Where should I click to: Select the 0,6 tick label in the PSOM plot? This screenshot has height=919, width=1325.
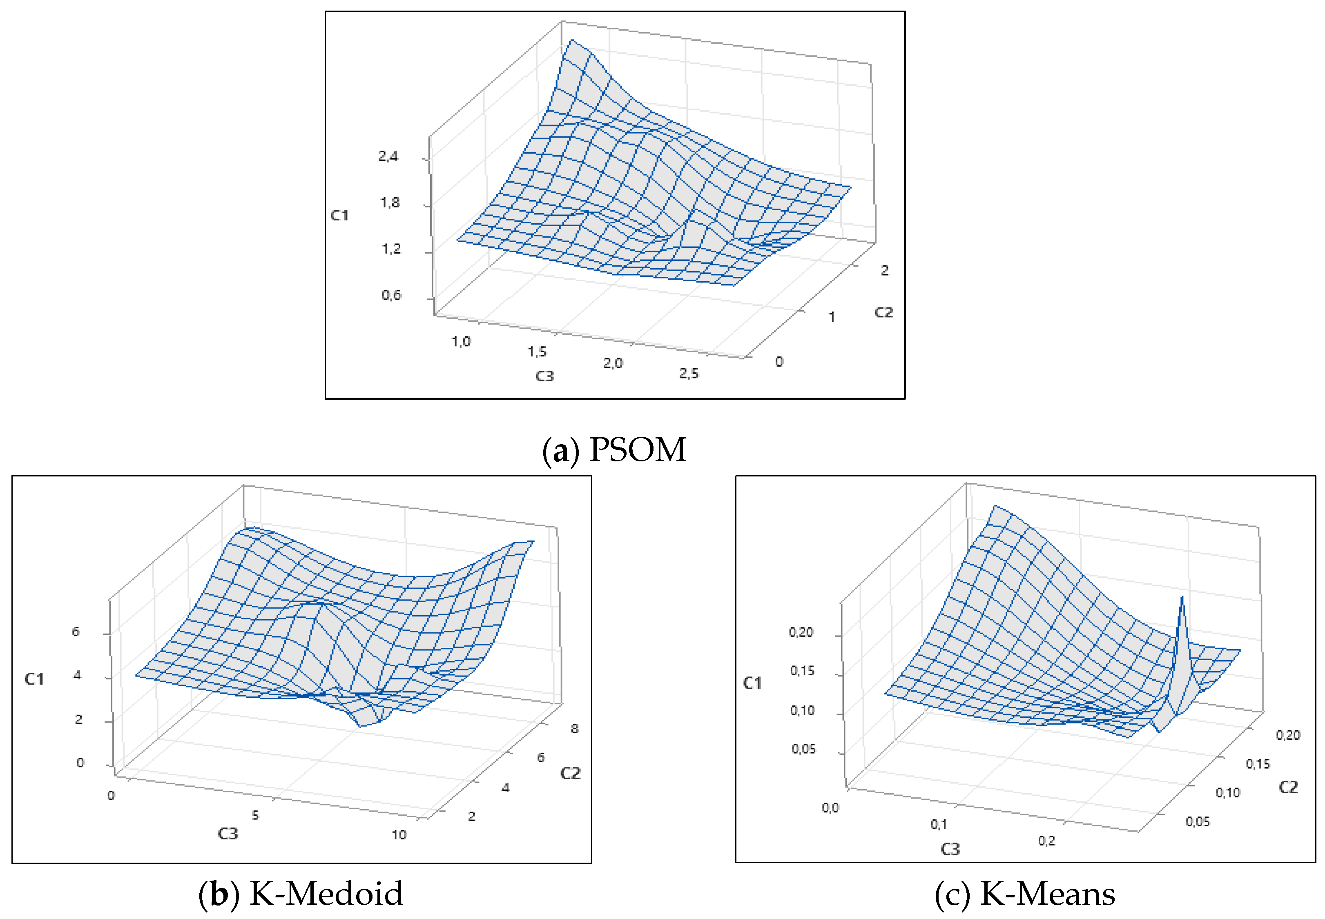tap(391, 296)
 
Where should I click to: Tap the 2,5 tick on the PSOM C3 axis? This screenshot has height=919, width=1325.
tap(688, 374)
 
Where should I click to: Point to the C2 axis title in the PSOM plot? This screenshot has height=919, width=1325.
tap(883, 313)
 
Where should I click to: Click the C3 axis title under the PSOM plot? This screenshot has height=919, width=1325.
tap(544, 376)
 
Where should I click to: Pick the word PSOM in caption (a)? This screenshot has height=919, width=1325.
tap(638, 450)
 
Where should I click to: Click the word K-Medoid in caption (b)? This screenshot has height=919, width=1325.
tap(326, 894)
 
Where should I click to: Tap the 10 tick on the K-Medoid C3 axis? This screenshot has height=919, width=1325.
tap(399, 835)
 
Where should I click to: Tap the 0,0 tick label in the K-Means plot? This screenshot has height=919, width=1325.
tap(830, 808)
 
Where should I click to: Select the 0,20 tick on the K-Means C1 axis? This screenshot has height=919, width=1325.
tap(801, 632)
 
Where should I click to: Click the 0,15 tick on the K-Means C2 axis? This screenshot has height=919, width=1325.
tap(1258, 764)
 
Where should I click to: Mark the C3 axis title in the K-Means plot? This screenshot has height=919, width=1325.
tap(950, 849)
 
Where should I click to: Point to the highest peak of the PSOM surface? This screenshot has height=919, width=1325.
tap(571, 40)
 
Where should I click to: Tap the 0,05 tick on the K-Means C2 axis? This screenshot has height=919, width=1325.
tap(1198, 822)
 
